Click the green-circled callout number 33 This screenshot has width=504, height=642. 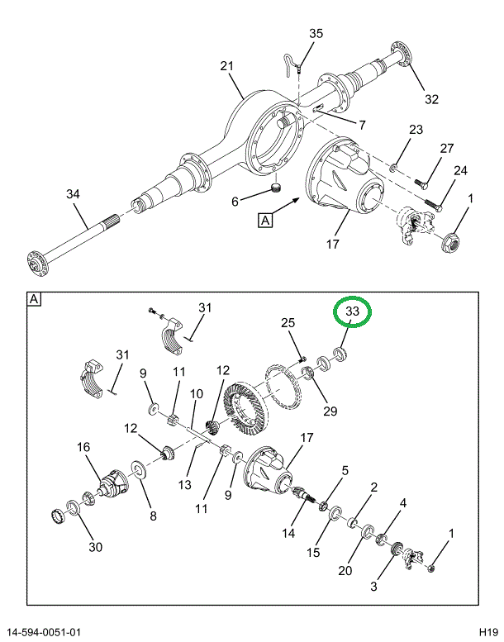coord(353,311)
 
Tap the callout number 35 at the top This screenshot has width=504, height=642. coord(316,34)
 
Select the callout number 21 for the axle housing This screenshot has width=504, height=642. coord(227,66)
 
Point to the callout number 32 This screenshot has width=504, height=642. coord(431,99)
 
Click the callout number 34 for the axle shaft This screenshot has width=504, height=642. coord(74,194)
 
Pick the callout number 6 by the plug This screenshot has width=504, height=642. coord(235,202)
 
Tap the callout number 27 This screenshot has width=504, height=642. coord(446,149)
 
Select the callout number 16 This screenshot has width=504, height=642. coord(83,447)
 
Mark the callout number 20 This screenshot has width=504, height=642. coord(345,570)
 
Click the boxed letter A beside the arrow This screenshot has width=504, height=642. coord(266,220)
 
